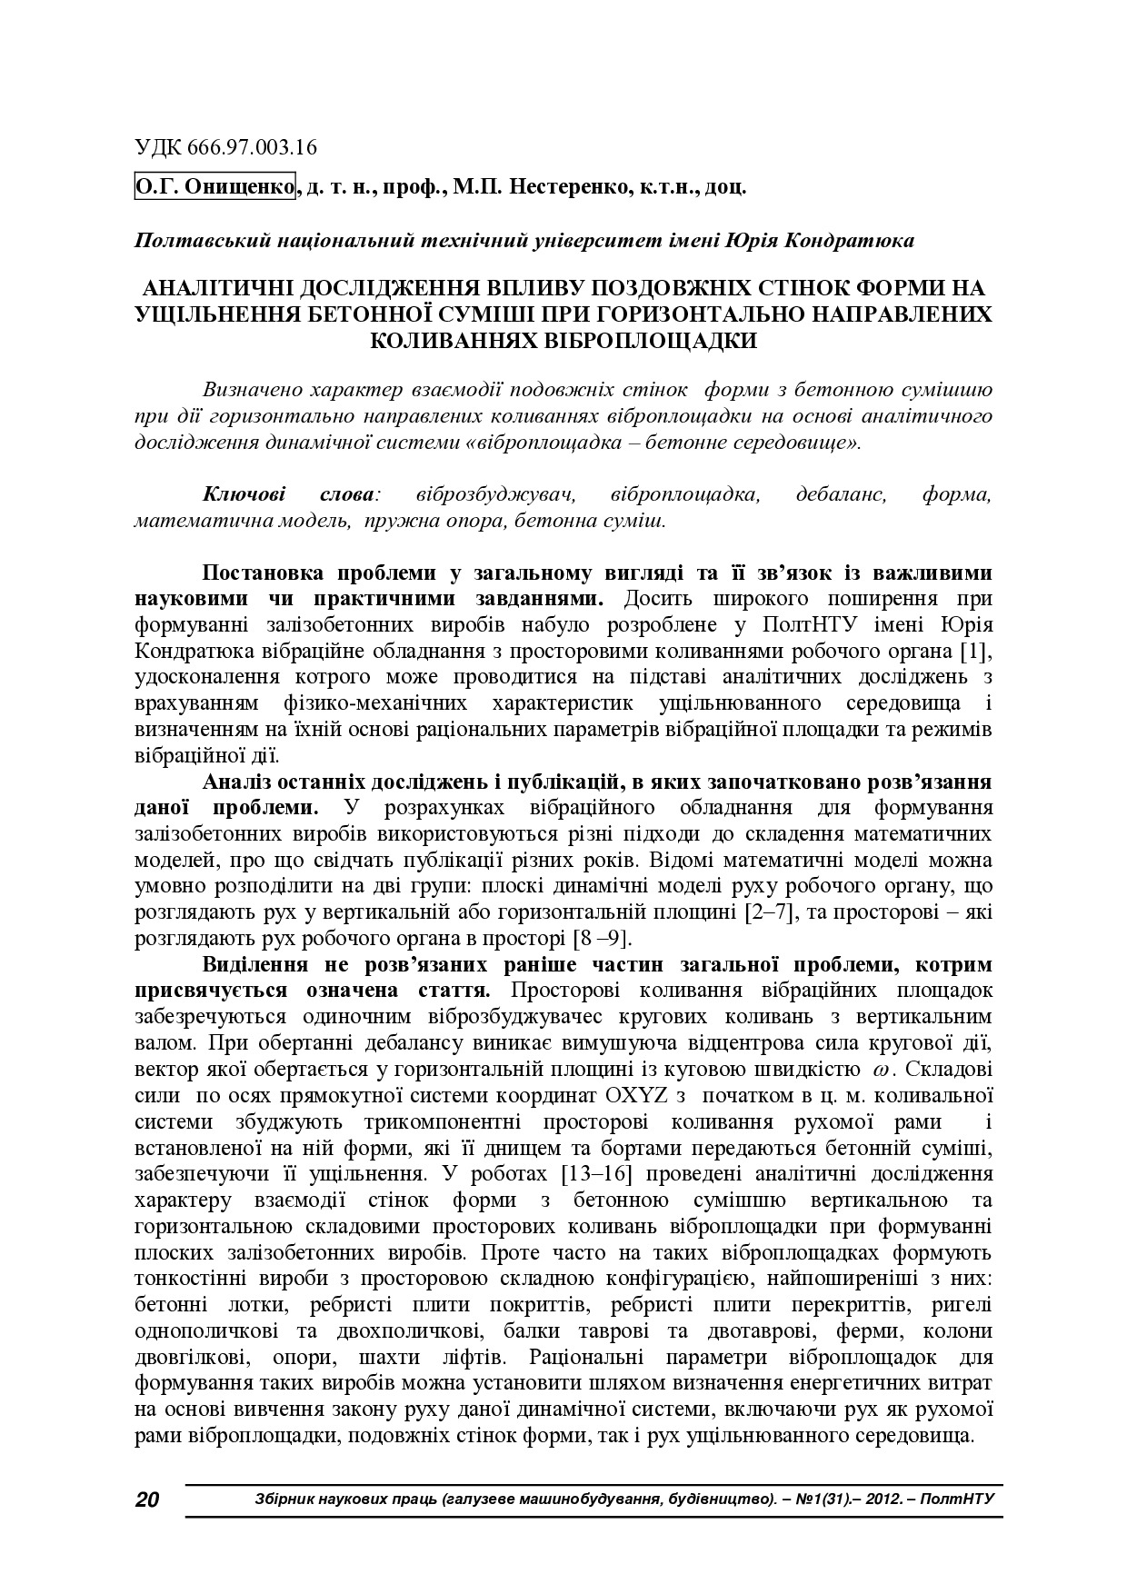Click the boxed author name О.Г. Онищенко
pyautogui.click(x=215, y=187)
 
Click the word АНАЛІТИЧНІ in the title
pyautogui.click(x=211, y=289)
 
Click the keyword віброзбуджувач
pyautogui.click(x=497, y=495)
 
